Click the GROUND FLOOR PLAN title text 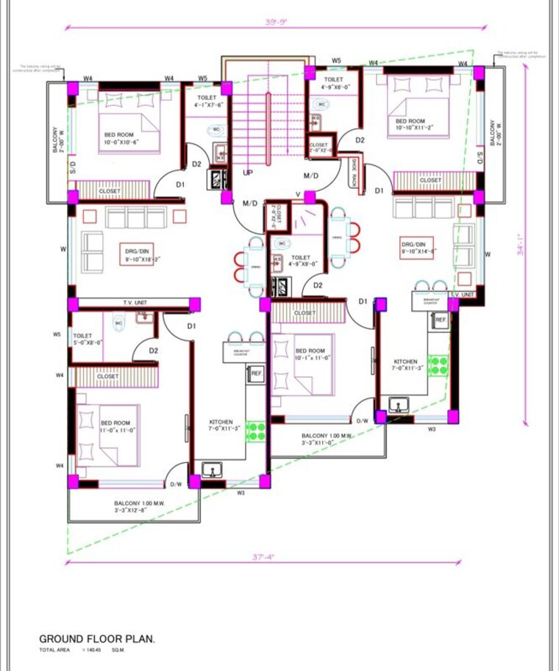(x=97, y=639)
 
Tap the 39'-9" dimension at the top (x=277, y=21)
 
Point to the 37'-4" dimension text (x=263, y=556)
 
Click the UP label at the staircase (x=248, y=173)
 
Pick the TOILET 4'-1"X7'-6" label (x=207, y=101)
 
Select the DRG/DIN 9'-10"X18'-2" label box (x=138, y=256)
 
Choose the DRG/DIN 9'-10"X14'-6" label (x=419, y=248)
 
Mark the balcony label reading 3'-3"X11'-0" (x=327, y=439)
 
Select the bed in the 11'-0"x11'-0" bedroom (x=109, y=434)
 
